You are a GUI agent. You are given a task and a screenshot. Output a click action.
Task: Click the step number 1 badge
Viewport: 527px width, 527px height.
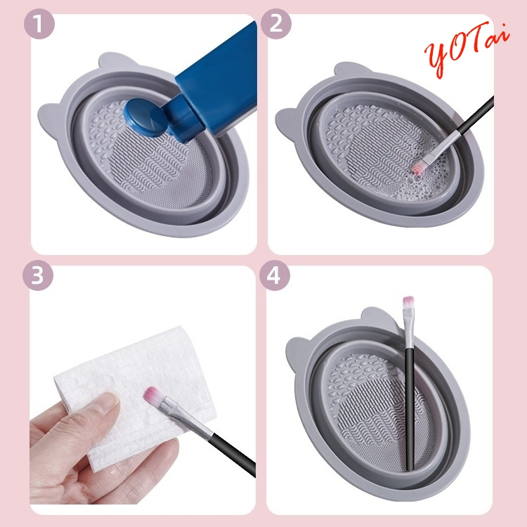point(39,24)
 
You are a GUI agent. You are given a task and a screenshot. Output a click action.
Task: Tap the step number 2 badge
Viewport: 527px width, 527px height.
point(275,24)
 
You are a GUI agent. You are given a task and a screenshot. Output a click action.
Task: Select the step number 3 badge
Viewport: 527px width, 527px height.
point(38,275)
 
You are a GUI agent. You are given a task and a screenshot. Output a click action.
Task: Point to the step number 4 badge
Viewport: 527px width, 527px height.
point(275,275)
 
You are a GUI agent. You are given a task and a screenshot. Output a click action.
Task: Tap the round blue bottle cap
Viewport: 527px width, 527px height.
point(143,117)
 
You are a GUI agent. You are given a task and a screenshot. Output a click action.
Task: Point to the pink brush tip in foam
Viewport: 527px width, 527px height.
point(416,167)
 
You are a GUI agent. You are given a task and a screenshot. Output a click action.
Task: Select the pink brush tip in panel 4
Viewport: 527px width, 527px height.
point(408,302)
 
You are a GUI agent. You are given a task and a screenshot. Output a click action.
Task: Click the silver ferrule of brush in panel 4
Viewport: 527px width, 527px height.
point(409,329)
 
